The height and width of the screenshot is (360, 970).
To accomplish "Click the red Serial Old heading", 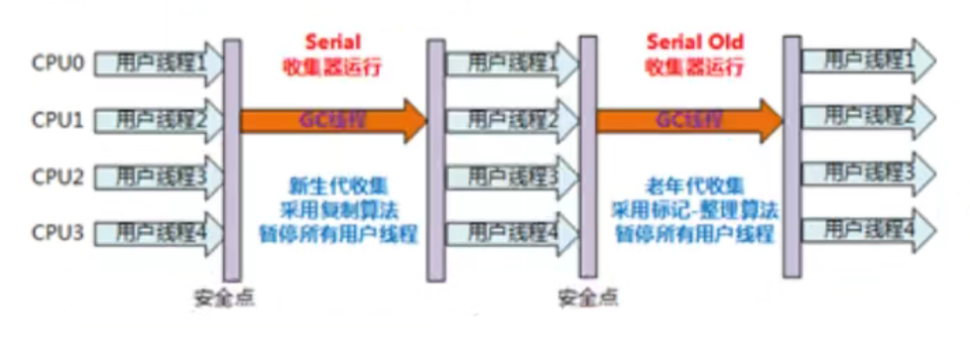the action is click(x=694, y=43).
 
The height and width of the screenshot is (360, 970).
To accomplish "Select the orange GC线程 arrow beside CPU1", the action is click(x=333, y=120).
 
